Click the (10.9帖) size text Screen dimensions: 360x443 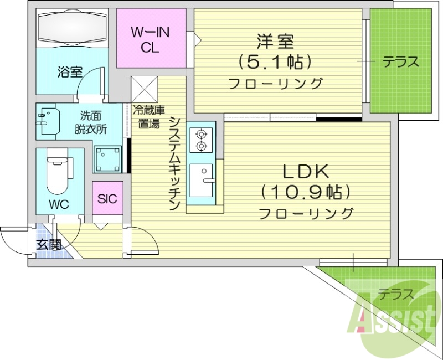click(306, 192)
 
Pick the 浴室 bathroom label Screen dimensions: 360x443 click(70, 72)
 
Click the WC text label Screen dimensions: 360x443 click(58, 204)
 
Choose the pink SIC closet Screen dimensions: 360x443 click(107, 198)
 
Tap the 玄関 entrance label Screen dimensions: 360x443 click(49, 244)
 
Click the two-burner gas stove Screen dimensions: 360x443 click(199, 140)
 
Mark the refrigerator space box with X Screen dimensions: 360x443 click(145, 89)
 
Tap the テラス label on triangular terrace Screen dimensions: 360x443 click(396, 294)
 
